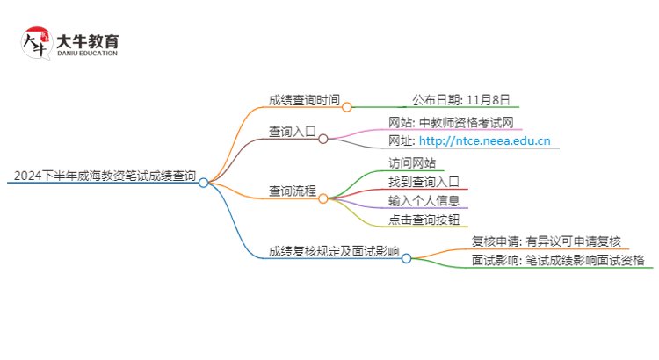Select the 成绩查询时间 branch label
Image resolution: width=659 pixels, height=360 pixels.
pos(304,99)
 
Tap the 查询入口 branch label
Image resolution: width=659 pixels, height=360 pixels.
pos(293,131)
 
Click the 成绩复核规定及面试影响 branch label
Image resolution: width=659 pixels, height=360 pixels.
pos(334,251)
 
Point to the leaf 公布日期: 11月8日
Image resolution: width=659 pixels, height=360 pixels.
pos(460,99)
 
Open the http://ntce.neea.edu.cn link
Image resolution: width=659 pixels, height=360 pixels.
pos(485,140)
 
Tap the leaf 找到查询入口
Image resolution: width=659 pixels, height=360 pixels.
pos(424,182)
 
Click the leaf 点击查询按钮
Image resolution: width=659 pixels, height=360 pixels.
pos(424,220)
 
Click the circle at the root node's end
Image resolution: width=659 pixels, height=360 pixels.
pos(203,184)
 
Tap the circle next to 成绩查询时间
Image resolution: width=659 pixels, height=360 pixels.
pos(346,107)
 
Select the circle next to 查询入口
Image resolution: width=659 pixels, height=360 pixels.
pos(322,139)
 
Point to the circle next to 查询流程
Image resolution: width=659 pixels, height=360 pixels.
pos(322,199)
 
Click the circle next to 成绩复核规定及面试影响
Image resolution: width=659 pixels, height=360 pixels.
pos(406,259)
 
